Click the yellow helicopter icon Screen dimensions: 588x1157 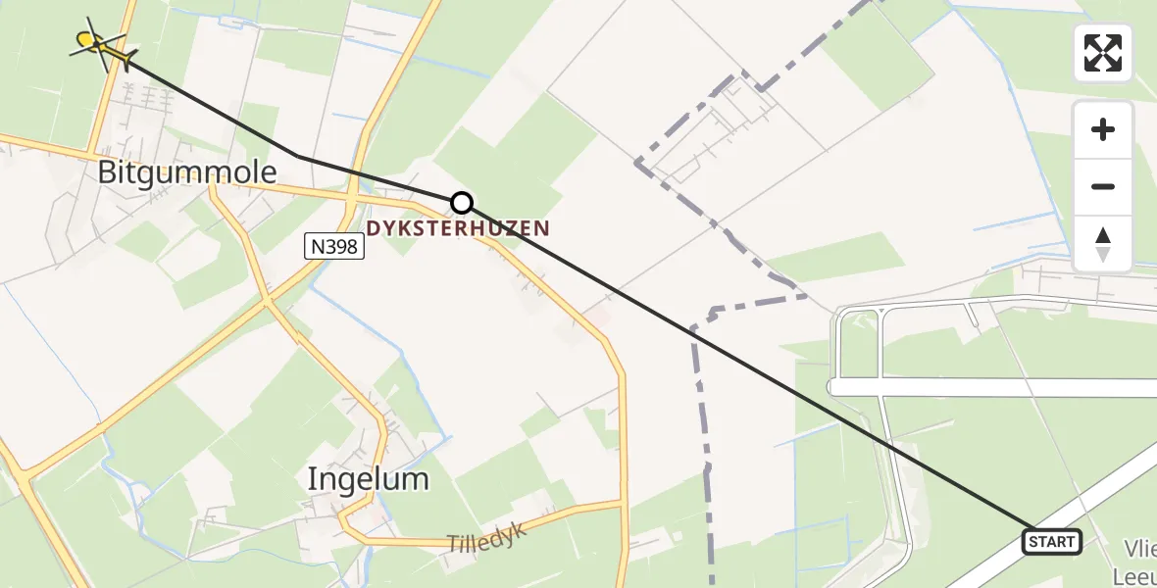(x=98, y=41)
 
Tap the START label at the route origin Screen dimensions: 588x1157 (x=1052, y=541)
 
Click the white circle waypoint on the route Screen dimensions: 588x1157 (x=461, y=203)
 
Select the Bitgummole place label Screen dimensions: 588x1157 (x=187, y=173)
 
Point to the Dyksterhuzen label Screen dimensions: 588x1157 (x=458, y=228)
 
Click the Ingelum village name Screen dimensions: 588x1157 (x=368, y=479)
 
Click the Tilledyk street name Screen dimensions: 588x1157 (x=487, y=537)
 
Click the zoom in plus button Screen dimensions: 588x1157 (x=1103, y=129)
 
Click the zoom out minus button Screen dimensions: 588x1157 (x=1103, y=186)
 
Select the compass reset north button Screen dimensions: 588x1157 (x=1103, y=243)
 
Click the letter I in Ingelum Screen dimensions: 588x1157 (x=312, y=479)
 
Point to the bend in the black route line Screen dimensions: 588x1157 (x=298, y=155)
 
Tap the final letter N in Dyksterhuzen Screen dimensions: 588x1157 (x=542, y=228)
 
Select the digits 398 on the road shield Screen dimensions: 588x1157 (x=339, y=249)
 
